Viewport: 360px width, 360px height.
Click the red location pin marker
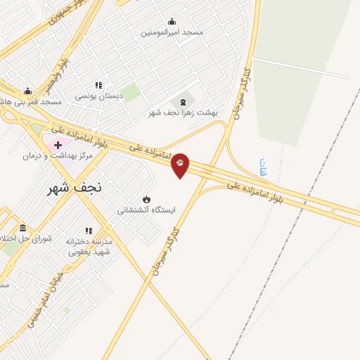coord(180,165)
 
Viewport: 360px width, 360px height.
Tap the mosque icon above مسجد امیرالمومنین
coord(172,22)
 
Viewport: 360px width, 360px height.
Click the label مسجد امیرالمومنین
coord(172,32)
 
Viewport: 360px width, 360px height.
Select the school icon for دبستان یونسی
coord(98,85)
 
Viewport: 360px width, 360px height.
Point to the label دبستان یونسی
coord(99,96)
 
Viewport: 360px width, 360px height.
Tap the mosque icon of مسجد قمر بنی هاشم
coord(27,91)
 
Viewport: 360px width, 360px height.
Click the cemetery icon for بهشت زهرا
coord(183,101)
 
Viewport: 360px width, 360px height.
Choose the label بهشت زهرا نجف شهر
coord(183,112)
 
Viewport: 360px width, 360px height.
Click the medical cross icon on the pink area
coord(58,144)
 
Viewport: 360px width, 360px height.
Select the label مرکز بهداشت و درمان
coord(58,155)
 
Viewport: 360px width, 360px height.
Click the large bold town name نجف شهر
coord(74,188)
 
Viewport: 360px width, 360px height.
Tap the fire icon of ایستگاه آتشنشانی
coord(146,199)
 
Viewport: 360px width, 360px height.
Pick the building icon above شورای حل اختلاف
coord(22,228)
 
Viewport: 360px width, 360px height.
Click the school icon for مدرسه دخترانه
coord(89,231)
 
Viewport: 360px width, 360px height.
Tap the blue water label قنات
coord(264,167)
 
